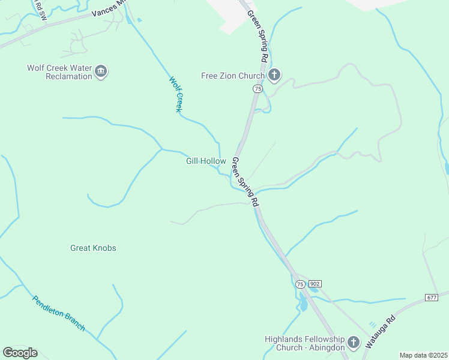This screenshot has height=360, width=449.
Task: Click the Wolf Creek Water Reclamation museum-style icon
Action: point(101,72)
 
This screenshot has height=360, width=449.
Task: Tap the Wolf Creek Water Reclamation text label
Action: point(59,72)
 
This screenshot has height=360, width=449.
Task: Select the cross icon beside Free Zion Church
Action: point(274,76)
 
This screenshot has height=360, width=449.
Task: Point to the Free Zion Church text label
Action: point(232,76)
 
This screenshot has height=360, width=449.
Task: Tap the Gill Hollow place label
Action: point(206,161)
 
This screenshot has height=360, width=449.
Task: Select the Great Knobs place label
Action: point(93,248)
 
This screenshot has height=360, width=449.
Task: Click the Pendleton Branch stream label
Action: point(58,313)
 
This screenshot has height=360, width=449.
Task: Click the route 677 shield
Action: point(431,297)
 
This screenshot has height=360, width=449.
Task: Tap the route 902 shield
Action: point(316,283)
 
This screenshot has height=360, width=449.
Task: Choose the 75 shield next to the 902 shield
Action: point(300,284)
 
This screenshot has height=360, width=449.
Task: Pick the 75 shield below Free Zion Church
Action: point(257,88)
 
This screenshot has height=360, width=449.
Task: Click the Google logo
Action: point(20,353)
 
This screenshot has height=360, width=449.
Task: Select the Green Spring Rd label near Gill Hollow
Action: point(245,182)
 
